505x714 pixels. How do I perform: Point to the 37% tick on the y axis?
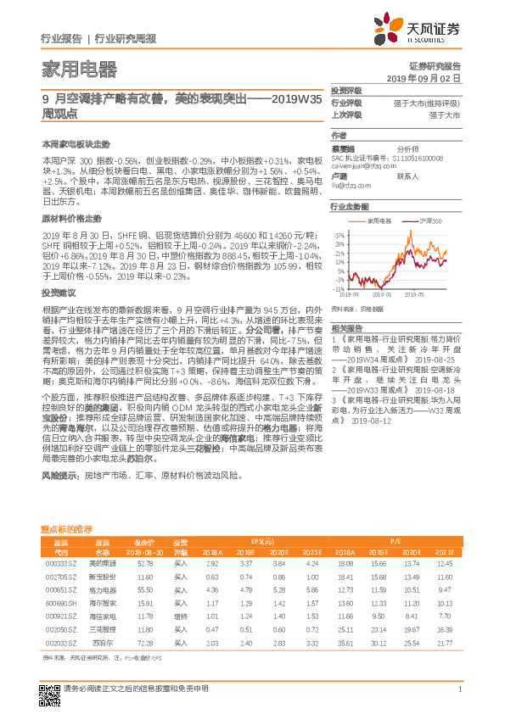(339, 232)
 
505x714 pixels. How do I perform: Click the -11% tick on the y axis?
(339, 289)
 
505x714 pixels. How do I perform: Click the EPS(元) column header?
(264, 541)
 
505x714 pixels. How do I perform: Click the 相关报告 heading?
(347, 328)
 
